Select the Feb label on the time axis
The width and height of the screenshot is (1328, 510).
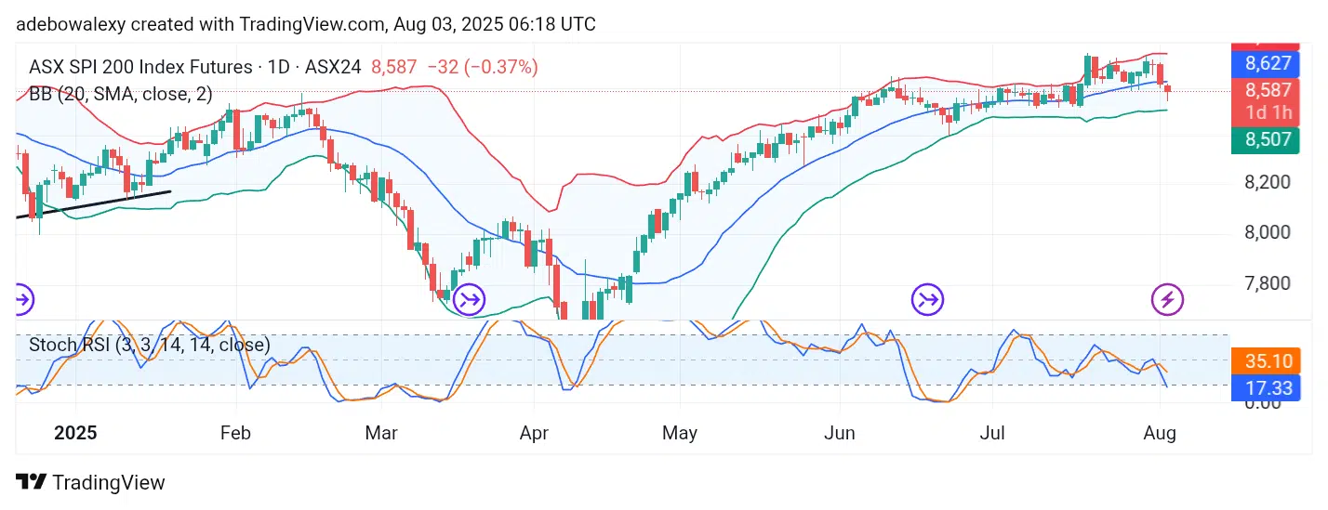coord(235,433)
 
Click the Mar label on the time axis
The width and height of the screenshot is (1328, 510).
coord(381,433)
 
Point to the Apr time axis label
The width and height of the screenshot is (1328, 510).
coord(533,433)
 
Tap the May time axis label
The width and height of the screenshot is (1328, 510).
coord(680,433)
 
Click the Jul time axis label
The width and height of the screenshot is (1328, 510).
coord(991,433)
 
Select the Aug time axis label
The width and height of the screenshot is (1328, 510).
coord(1161,433)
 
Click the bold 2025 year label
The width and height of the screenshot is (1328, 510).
coord(76,433)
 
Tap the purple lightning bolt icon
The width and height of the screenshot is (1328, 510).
coord(1167,299)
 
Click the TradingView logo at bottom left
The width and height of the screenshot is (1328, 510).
coord(91,482)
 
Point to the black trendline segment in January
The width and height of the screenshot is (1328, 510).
coord(93,204)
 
